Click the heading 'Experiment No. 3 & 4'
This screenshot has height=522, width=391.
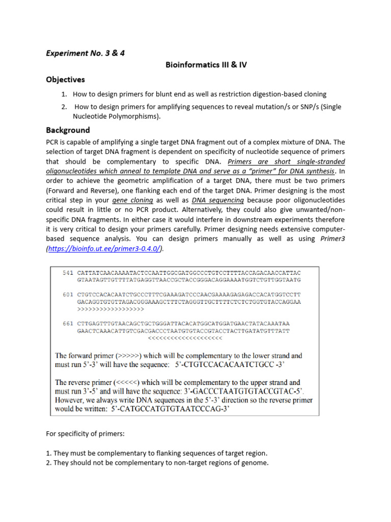[85, 53]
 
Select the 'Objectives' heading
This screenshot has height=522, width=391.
[65, 80]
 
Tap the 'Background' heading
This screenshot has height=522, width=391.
[68, 130]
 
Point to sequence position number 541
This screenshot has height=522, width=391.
[68, 273]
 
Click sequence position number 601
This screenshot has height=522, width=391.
[68, 295]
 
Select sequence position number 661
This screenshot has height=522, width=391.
[68, 324]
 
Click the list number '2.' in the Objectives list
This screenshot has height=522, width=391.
[64, 107]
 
